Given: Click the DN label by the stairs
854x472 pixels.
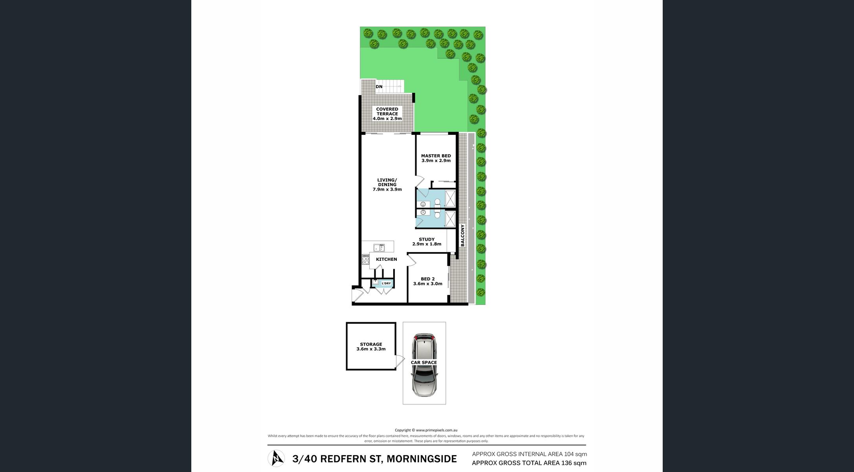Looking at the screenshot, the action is tap(379, 87).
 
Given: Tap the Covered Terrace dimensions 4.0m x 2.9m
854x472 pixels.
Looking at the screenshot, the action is tap(387, 118).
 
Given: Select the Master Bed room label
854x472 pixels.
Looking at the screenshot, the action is tap(436, 156).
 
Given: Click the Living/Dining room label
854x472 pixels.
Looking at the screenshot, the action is tap(387, 182).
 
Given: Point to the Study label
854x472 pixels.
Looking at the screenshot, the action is tap(427, 239).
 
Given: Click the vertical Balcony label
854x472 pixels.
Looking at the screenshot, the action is tap(462, 235).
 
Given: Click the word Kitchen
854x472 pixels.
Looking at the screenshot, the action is tap(387, 259).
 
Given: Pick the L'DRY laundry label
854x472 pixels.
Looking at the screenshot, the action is tap(386, 283).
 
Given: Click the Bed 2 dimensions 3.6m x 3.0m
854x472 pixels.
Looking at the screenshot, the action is tap(428, 284).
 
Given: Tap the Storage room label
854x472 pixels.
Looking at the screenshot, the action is tap(371, 344).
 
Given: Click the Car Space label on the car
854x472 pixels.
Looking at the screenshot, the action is tap(424, 363).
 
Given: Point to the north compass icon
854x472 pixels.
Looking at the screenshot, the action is tap(276, 458).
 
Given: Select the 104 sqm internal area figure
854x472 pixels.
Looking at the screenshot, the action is tap(575, 454).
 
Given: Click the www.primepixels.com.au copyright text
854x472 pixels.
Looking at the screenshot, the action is tap(436, 430).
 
